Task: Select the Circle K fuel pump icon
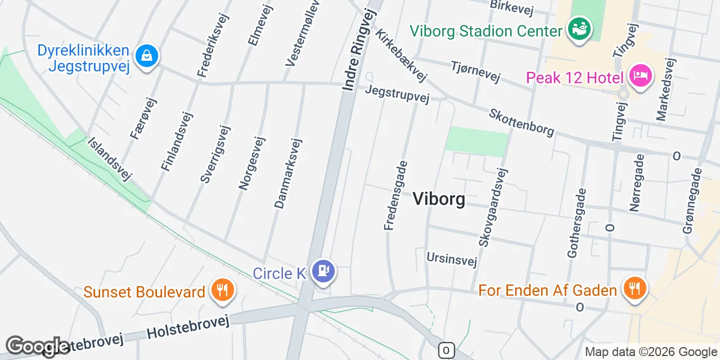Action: tap(323, 272)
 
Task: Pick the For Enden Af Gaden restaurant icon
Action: tap(634, 289)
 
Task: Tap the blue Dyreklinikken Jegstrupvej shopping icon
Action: tap(147, 56)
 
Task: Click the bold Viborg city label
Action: tap(439, 199)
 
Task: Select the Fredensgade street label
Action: tap(395, 195)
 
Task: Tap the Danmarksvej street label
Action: tap(289, 173)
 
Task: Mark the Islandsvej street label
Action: tap(110, 159)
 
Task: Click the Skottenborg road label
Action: tap(521, 122)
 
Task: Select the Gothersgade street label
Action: tap(577, 223)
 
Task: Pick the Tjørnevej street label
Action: tap(475, 72)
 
